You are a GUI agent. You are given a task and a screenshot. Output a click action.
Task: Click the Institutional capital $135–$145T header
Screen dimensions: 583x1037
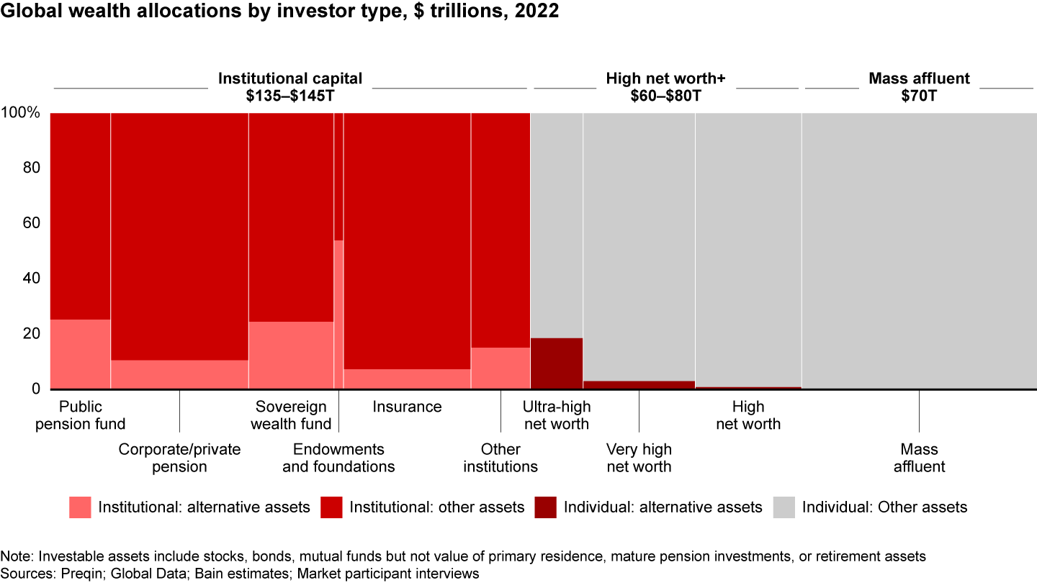290,87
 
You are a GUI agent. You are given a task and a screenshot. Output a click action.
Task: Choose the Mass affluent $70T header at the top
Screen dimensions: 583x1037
919,87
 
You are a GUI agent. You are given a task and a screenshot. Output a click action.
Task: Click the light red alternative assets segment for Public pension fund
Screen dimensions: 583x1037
80,354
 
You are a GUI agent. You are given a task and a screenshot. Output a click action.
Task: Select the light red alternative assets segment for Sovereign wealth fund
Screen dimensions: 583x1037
291,355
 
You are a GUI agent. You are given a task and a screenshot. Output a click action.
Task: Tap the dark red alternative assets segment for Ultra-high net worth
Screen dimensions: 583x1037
556,363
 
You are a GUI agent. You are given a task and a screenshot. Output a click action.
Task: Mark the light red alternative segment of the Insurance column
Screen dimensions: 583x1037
407,379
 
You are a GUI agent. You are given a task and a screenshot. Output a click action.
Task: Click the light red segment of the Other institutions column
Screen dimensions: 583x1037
500,369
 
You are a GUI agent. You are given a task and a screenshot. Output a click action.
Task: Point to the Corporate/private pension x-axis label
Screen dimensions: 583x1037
179,458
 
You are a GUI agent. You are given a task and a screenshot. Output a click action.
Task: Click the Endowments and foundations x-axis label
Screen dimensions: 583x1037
338,458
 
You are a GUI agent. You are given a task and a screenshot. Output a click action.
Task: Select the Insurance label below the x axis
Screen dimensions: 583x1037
407,407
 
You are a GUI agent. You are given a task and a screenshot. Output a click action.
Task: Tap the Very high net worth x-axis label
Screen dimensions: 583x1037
639,458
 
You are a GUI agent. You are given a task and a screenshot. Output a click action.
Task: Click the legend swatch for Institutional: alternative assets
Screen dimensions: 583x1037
80,507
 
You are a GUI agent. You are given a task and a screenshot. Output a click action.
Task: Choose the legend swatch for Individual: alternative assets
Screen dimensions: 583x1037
546,507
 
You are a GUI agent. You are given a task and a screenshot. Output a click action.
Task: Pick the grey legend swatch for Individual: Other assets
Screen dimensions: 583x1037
784,507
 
